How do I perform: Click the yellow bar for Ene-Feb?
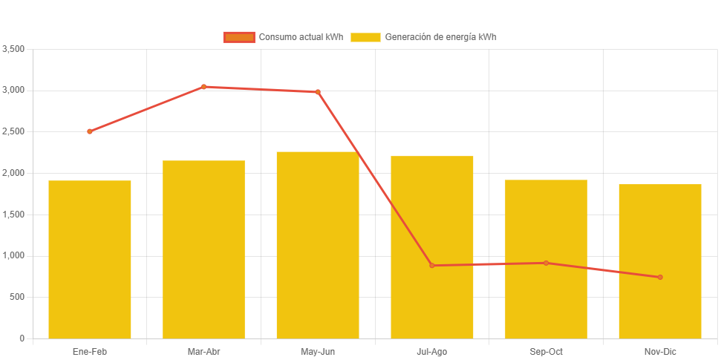tap(90, 259)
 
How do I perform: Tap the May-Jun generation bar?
tap(318, 245)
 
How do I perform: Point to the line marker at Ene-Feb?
tap(90, 131)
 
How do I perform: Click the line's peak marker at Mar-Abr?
tap(203, 87)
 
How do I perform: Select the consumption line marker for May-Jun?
tap(318, 92)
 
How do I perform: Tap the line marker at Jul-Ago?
tap(432, 265)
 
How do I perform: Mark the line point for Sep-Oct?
tap(546, 263)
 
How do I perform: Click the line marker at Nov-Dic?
tap(660, 277)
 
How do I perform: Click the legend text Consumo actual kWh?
tap(300, 37)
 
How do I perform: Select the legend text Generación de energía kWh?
tap(440, 37)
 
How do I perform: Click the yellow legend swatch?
tap(365, 37)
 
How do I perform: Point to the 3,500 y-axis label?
tap(14, 49)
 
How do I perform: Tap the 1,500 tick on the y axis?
tap(14, 215)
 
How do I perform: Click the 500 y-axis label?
tap(17, 297)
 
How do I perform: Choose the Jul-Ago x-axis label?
tap(432, 351)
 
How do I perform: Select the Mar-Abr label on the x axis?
tap(203, 351)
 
